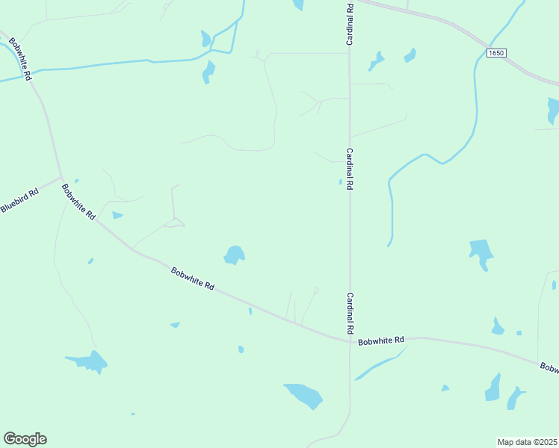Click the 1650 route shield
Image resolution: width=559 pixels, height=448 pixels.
coord(496,53)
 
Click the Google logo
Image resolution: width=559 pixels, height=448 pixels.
coord(25,439)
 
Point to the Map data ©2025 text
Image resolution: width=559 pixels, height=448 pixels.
coord(526,442)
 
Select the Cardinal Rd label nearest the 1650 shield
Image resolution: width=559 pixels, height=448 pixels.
coord(349,25)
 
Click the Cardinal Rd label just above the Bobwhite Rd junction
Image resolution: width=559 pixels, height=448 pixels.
coord(349,313)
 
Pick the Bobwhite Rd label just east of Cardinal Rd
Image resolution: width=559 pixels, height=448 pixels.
coord(380,341)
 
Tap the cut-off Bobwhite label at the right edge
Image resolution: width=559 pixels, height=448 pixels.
coord(549,367)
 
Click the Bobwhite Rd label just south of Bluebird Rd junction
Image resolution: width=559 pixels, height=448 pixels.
coord(78,202)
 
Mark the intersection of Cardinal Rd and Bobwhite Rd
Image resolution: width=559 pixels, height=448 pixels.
coord(350,342)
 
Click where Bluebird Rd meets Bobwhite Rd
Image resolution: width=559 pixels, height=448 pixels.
coord(62,178)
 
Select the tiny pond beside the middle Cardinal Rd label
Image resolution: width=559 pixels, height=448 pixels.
coord(340,181)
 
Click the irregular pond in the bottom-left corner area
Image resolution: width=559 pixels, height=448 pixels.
coord(89,362)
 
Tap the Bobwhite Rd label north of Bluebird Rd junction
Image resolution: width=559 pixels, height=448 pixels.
coord(20,57)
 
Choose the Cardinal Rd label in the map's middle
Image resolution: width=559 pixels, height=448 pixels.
coord(349,169)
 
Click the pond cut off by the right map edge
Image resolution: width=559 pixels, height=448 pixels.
coord(553,111)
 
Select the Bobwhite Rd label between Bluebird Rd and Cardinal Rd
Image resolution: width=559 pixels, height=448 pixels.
coord(193,279)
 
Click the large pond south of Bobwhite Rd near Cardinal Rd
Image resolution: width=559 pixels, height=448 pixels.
coord(303,395)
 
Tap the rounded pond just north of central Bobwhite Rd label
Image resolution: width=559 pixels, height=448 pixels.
coord(235,255)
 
